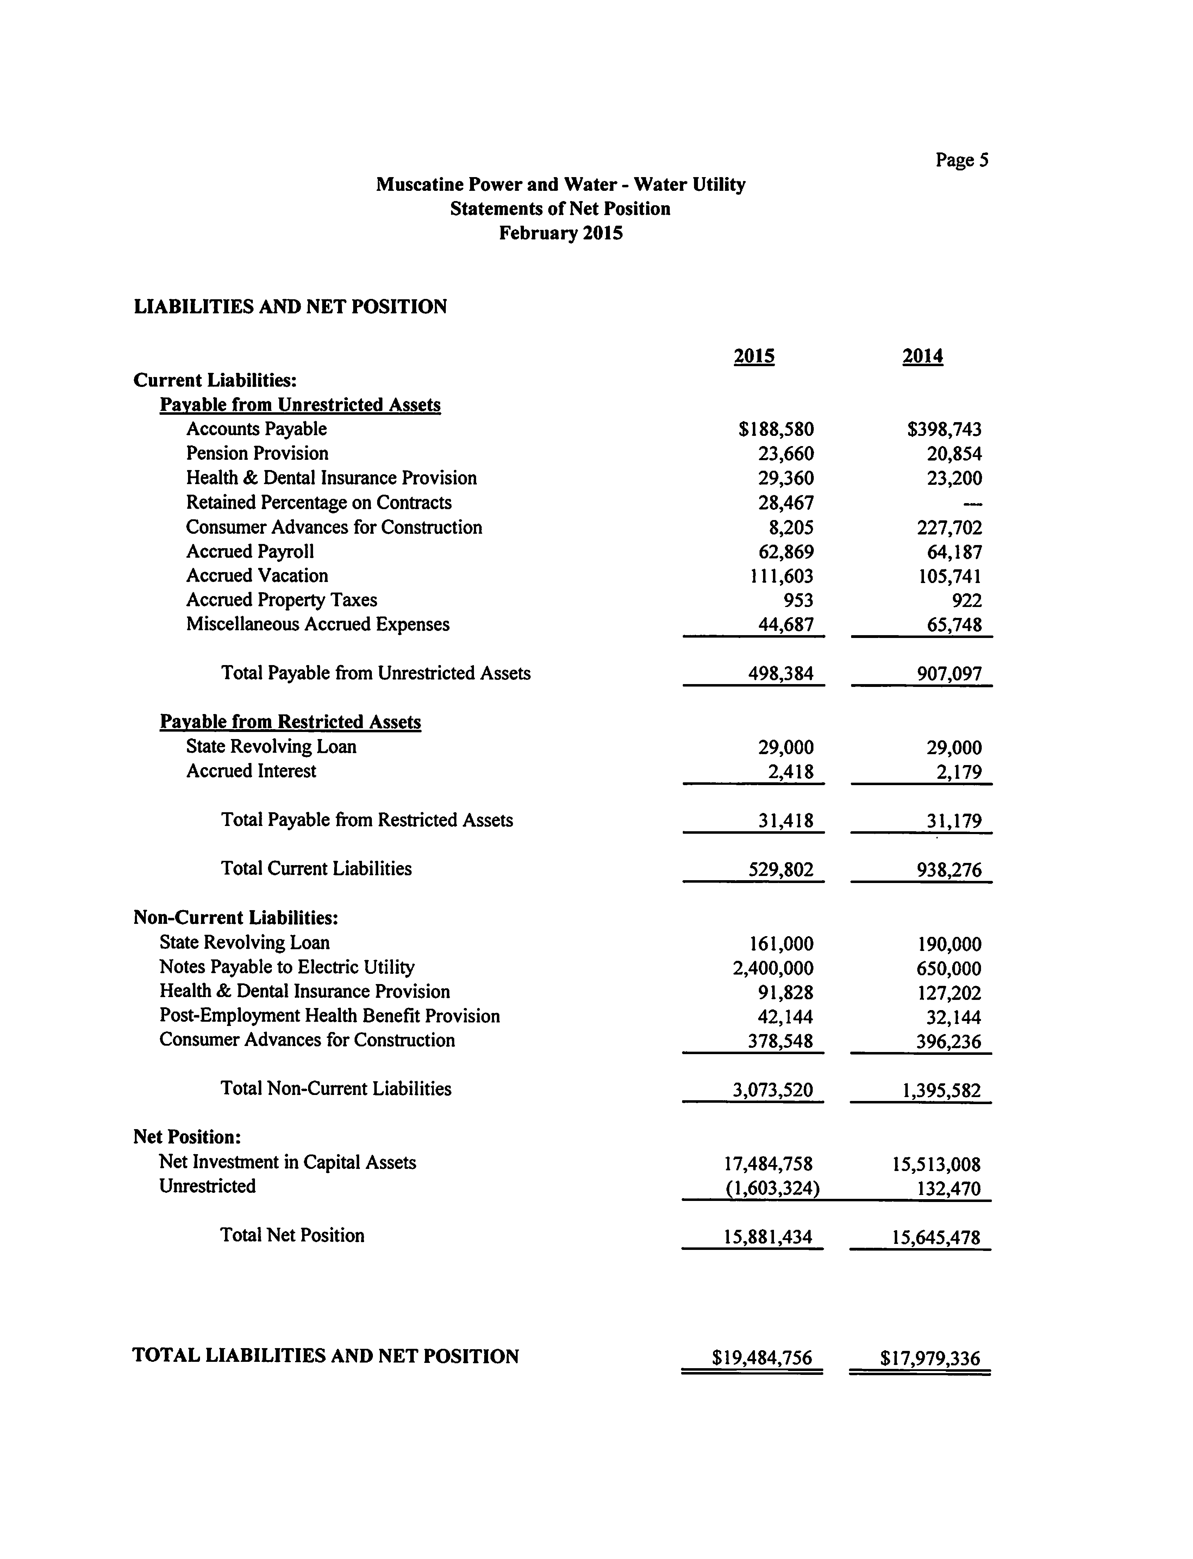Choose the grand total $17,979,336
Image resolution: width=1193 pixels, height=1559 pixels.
pyautogui.click(x=930, y=1358)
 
